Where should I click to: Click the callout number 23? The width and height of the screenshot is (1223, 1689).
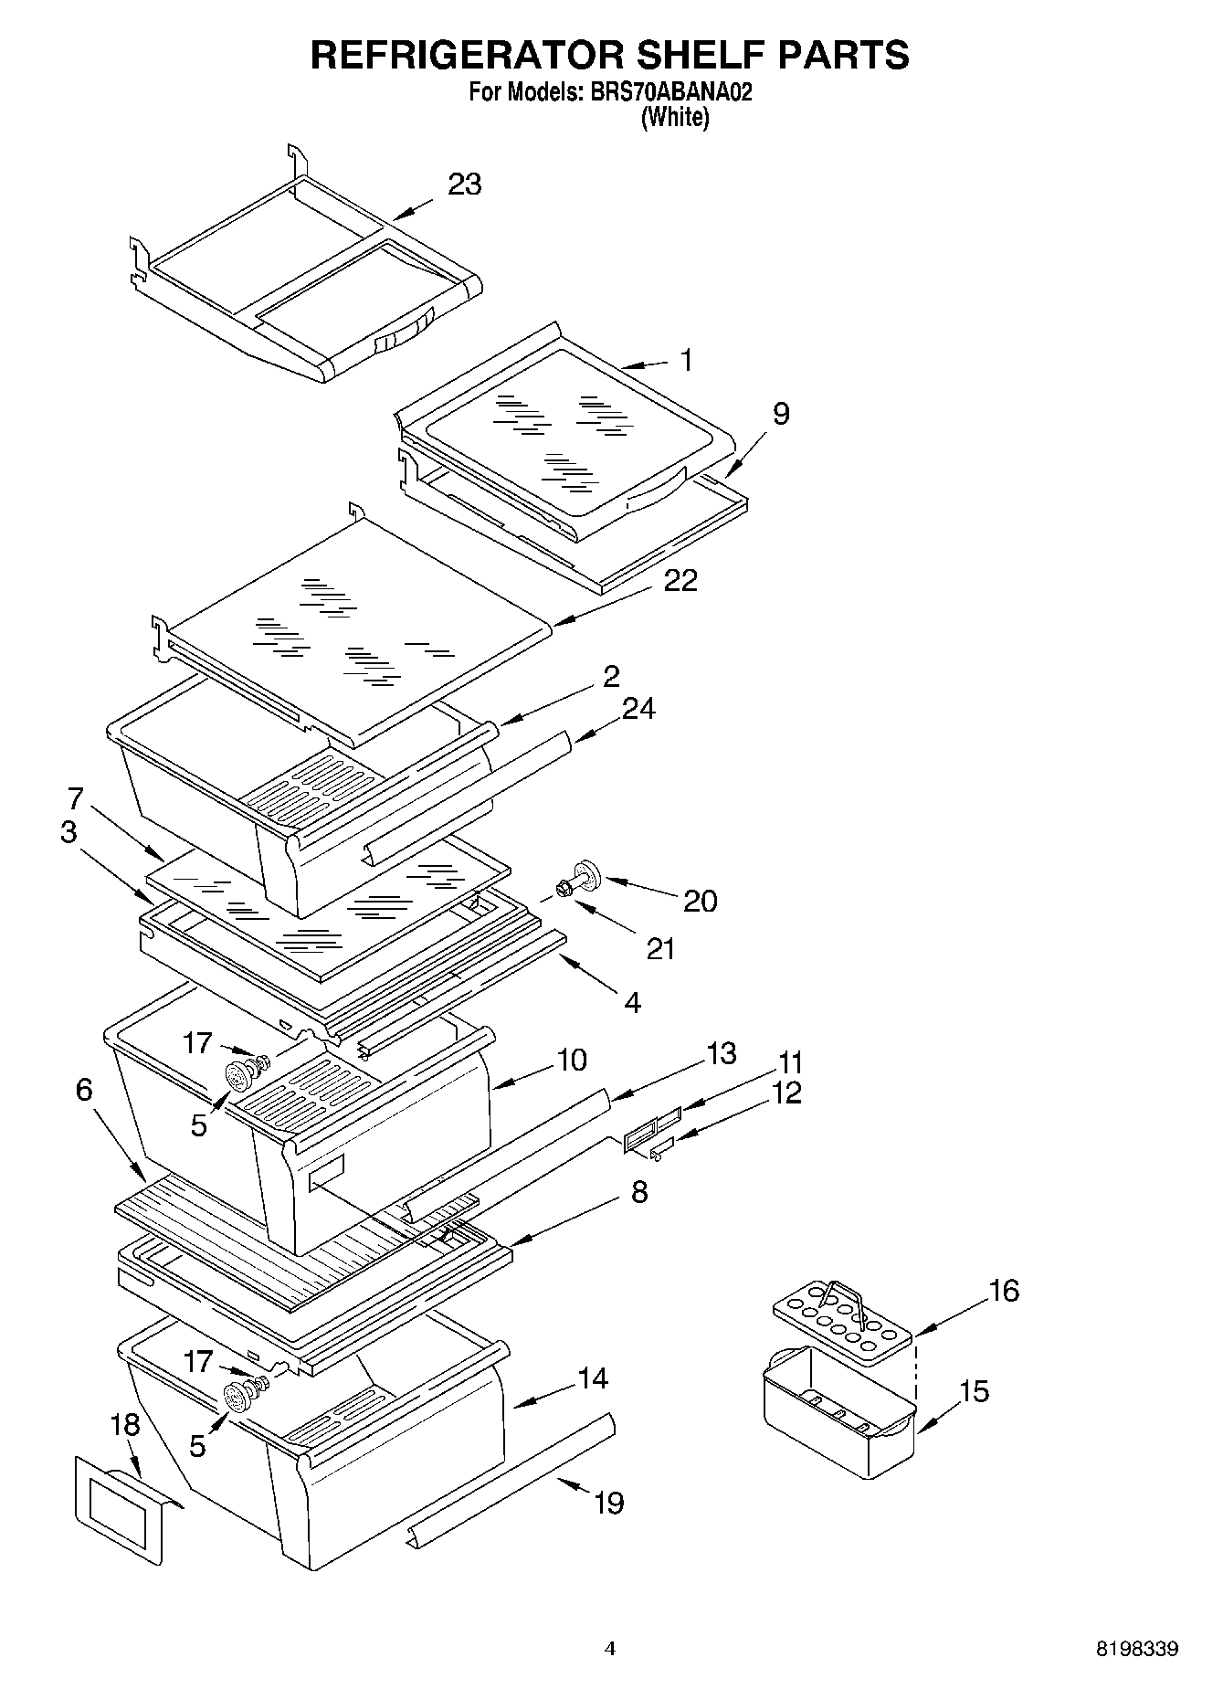click(x=464, y=185)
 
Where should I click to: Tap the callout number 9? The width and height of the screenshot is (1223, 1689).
click(x=780, y=414)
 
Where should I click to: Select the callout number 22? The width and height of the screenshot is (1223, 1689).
click(x=680, y=580)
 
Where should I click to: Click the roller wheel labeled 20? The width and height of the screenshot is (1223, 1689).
click(x=586, y=874)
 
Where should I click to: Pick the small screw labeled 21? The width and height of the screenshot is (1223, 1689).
click(x=562, y=888)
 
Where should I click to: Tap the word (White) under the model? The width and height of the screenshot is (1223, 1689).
click(x=675, y=117)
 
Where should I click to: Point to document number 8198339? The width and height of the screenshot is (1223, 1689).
click(x=1136, y=1649)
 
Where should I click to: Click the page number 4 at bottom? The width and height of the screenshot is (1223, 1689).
click(x=610, y=1649)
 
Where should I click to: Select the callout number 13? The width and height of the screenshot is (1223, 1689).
click(x=721, y=1053)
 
